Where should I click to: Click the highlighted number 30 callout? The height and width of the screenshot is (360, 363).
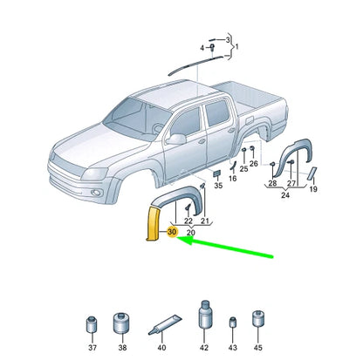172,232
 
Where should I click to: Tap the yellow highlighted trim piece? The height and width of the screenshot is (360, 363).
153,223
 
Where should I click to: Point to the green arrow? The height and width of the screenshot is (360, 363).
225,247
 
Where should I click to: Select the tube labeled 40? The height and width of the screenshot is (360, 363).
165,325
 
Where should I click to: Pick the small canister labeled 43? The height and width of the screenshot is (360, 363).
233,323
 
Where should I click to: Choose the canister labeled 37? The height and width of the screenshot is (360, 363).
92,324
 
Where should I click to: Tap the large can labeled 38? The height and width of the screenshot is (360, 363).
122,323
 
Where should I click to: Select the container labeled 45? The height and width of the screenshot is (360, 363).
258,318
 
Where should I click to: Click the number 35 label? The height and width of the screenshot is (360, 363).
218,186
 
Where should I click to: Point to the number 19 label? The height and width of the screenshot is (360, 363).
313,189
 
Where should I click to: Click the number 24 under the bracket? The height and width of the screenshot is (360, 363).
285,195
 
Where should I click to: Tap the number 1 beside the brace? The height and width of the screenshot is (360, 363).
236,46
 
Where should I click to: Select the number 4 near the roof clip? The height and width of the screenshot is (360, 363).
202,48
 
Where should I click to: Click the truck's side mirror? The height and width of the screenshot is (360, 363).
176,139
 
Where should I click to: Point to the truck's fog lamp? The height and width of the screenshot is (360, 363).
96,193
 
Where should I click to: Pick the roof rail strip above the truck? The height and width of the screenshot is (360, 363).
196,65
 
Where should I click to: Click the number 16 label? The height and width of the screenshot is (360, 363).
232,179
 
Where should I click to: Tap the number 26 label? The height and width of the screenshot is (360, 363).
254,164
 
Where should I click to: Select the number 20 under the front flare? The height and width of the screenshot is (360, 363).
191,233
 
